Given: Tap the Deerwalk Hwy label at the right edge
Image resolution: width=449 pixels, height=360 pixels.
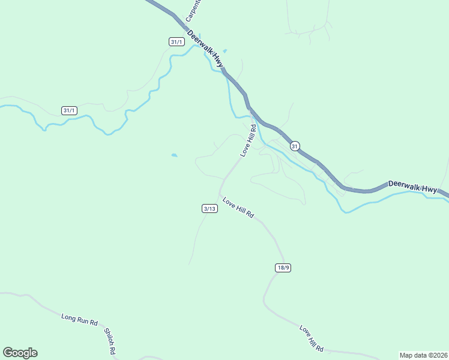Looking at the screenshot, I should tap(412, 187).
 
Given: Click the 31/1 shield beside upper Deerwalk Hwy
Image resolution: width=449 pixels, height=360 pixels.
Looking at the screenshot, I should tap(176, 41).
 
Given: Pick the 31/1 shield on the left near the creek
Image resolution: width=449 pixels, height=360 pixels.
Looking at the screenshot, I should tap(69, 110).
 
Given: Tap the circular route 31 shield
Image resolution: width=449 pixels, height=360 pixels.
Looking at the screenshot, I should tap(294, 146).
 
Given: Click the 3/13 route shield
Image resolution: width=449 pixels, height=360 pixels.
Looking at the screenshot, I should tap(209, 209).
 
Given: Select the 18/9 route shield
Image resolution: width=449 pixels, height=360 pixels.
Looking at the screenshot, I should tap(283, 268).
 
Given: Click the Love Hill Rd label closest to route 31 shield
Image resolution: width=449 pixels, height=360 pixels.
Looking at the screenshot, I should tap(248, 140).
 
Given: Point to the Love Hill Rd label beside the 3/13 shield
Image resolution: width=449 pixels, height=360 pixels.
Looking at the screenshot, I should tap(238, 207).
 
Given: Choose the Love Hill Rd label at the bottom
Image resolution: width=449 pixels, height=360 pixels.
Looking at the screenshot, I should tap(312, 338).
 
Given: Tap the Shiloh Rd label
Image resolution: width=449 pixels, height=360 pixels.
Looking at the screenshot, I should tap(109, 340).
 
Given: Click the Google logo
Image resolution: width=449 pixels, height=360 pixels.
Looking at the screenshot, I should tap(20, 353).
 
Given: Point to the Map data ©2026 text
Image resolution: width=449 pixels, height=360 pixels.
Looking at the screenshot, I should tap(423, 355).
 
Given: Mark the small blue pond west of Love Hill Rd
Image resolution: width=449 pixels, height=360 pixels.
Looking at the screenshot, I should tap(174, 155).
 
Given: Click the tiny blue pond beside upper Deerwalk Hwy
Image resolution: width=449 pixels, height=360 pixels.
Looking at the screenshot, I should tap(225, 50).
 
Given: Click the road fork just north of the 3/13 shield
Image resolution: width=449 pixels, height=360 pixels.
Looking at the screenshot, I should tap(224, 179).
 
